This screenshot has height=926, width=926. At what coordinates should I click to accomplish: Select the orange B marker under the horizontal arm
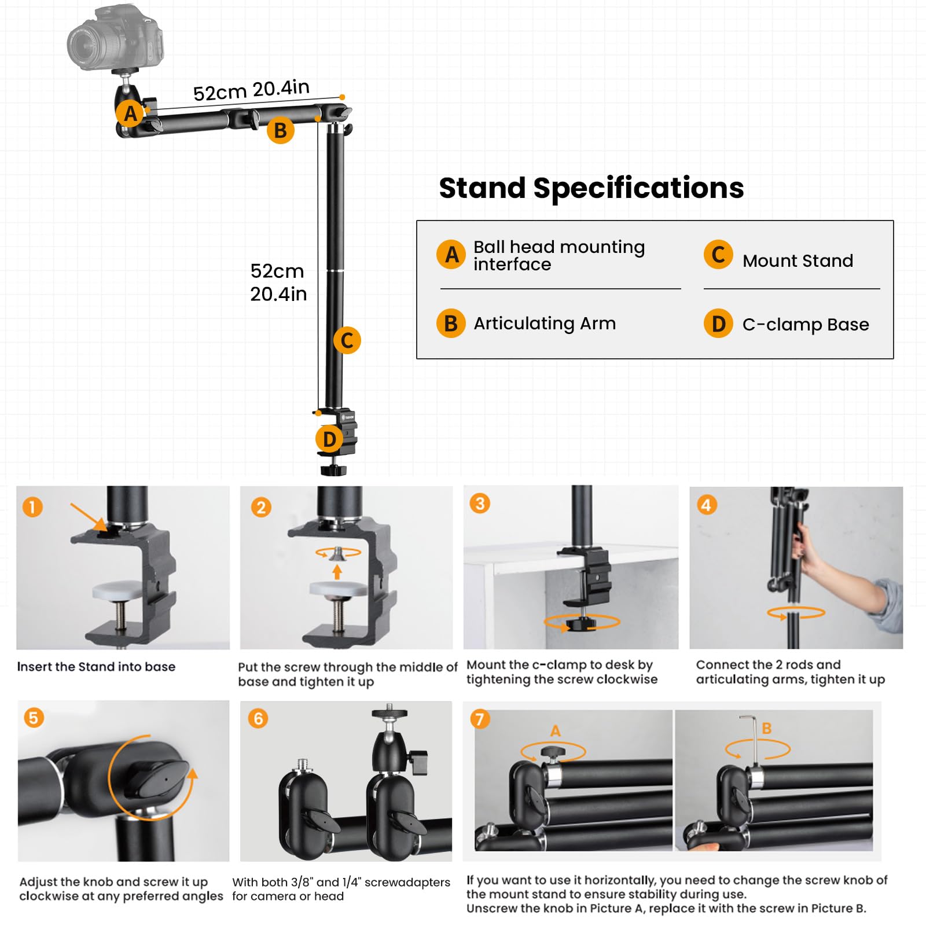click(281, 130)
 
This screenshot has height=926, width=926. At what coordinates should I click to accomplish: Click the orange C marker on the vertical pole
click(347, 340)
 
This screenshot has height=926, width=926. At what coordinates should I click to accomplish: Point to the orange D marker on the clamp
click(329, 439)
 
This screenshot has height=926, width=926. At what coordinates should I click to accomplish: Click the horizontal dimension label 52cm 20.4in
click(251, 90)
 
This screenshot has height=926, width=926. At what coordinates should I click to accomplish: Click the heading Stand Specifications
click(591, 188)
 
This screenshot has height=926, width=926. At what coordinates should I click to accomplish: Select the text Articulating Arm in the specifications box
click(544, 323)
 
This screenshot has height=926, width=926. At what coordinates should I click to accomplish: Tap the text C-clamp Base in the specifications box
click(805, 324)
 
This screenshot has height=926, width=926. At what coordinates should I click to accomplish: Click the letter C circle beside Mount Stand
click(718, 255)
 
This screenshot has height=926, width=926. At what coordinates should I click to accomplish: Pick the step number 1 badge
click(32, 508)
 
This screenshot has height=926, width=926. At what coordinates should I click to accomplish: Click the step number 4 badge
click(706, 505)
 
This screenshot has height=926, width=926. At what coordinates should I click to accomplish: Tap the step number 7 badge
click(480, 719)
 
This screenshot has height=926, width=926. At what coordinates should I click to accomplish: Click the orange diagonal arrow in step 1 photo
click(89, 516)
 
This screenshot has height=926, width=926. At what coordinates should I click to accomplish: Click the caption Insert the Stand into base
click(96, 667)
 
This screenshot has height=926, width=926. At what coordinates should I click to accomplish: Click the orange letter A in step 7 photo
click(555, 731)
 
